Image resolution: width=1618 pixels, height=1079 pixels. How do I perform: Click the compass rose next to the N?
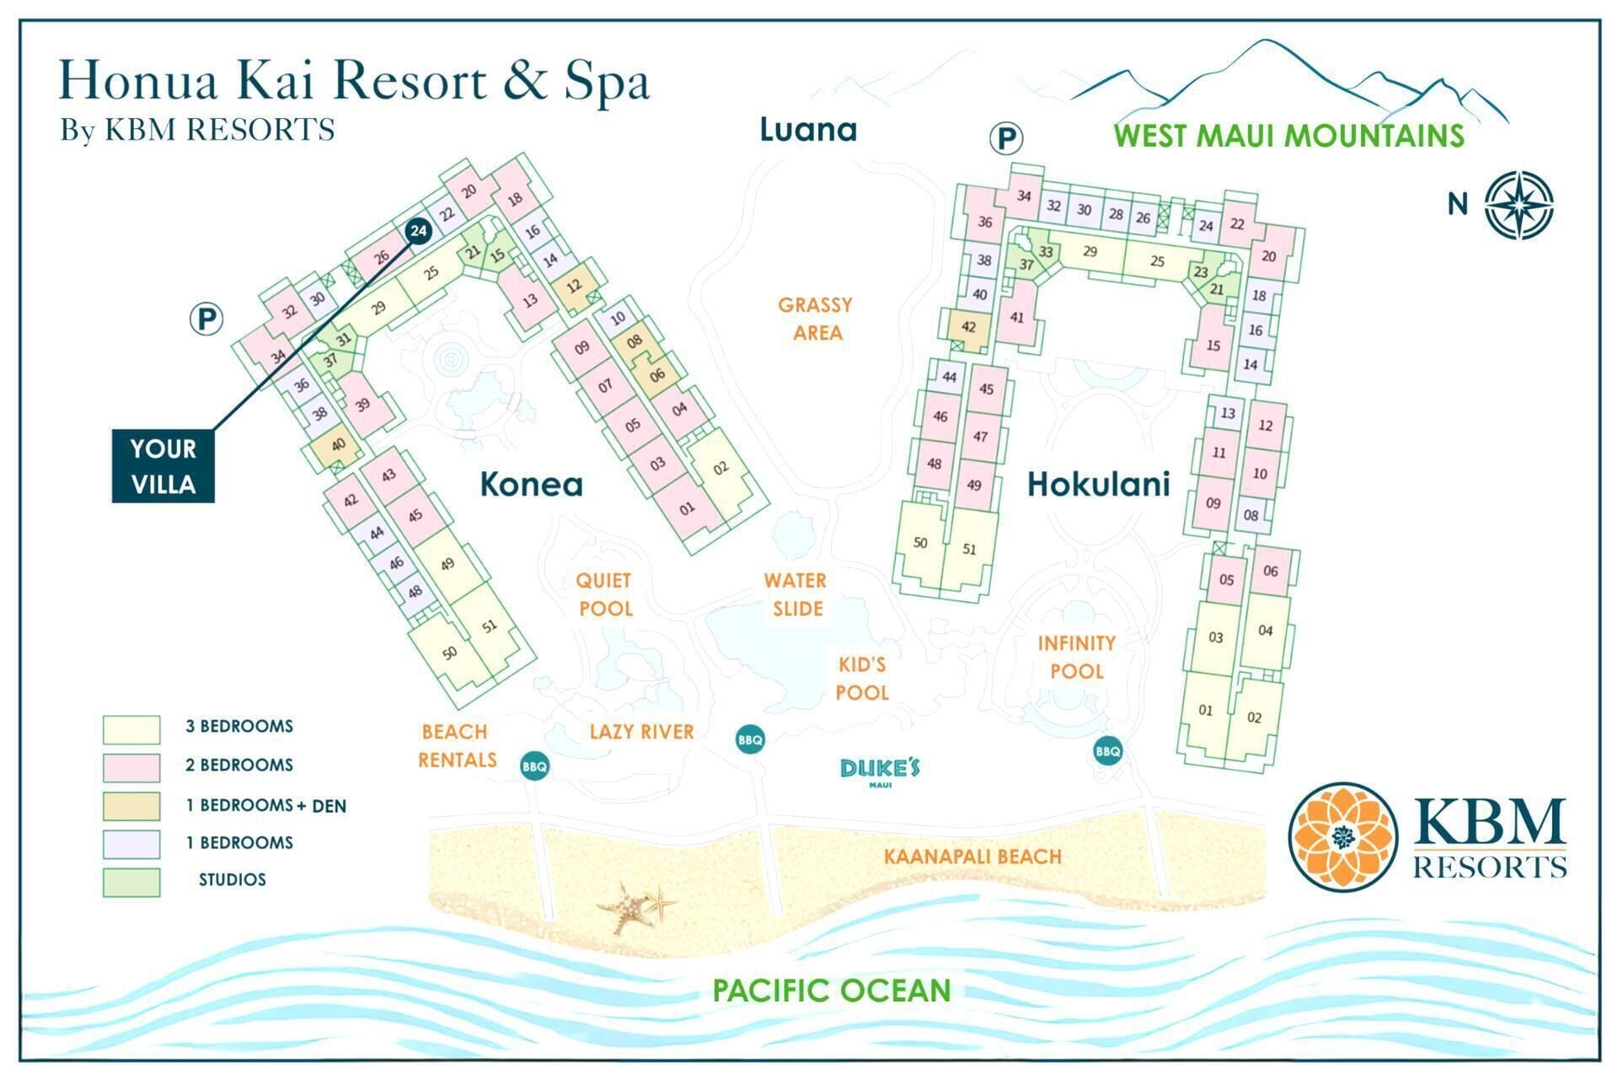tap(1519, 205)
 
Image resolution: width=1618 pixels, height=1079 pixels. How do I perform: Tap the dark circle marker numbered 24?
tap(418, 231)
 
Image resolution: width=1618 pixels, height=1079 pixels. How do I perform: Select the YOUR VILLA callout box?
tap(163, 466)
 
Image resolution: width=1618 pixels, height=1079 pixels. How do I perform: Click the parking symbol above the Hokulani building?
tap(1005, 137)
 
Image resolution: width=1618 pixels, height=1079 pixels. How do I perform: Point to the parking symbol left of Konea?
tap(206, 319)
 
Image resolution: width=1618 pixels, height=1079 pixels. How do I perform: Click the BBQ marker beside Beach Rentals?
tap(534, 766)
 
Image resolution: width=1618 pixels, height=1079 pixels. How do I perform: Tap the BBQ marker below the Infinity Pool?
tap(1107, 751)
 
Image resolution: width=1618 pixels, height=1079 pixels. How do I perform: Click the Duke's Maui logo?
tap(880, 770)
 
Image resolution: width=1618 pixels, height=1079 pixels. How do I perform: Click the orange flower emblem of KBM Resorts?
tap(1343, 835)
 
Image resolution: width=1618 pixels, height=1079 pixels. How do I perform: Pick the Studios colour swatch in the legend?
tap(131, 882)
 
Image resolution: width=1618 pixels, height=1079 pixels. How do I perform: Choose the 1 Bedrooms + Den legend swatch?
tap(131, 805)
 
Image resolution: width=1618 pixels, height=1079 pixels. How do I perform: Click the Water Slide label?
tap(796, 594)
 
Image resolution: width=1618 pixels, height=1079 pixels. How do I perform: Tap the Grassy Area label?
tap(816, 319)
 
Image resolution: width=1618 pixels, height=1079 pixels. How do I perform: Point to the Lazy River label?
tap(641, 731)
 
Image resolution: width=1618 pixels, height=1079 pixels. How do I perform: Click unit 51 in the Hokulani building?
tap(969, 549)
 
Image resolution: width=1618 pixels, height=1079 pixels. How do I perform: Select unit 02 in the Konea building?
tap(721, 469)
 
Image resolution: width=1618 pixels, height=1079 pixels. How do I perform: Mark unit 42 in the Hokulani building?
tap(968, 327)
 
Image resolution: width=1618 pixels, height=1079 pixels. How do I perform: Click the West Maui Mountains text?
tap(1289, 136)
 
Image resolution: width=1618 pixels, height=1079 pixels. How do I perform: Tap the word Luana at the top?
tap(808, 130)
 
